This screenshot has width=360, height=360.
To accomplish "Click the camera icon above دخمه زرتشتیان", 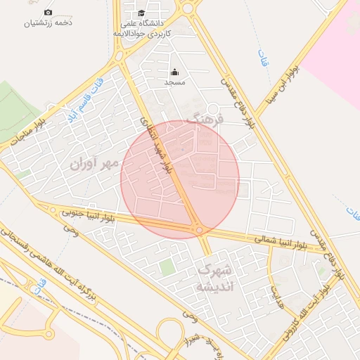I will [48, 12].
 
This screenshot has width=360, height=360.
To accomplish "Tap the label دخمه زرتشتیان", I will [49, 23].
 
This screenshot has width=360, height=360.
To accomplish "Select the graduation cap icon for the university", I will [141, 13].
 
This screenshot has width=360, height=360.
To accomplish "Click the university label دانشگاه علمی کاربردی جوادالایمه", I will [142, 28].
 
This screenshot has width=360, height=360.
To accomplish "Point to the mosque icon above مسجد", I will [174, 72].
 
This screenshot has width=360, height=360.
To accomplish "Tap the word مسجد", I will [174, 82].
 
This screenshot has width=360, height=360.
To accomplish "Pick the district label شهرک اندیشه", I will [213, 278].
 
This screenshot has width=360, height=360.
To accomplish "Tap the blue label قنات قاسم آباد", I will [78, 103].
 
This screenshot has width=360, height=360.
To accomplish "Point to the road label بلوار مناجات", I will [28, 132].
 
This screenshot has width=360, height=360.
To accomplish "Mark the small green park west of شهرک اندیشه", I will [166, 267].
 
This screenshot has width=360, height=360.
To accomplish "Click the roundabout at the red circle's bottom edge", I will [200, 230].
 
